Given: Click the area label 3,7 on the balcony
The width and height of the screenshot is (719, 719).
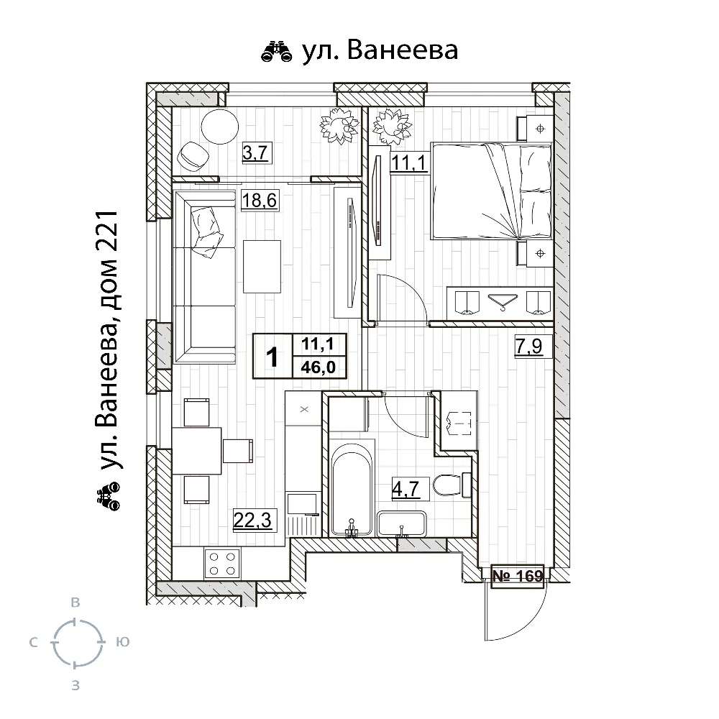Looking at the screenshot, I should pyautogui.click(x=257, y=152).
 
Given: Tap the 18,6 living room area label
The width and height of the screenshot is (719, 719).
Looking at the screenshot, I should pyautogui.click(x=260, y=201).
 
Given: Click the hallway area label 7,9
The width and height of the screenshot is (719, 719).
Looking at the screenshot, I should pyautogui.click(x=532, y=348).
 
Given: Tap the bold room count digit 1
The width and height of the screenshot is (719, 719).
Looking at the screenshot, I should pyautogui.click(x=273, y=356).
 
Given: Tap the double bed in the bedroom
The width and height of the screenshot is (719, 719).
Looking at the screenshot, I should pyautogui.click(x=491, y=191).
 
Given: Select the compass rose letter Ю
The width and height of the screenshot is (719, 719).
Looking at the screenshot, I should pyautogui.click(x=122, y=641).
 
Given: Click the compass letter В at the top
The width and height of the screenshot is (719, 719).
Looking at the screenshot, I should pyautogui.click(x=74, y=603).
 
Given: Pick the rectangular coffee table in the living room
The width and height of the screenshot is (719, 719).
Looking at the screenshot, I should pyautogui.click(x=262, y=267).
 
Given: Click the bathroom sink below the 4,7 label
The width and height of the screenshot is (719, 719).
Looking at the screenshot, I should pyautogui.click(x=402, y=523).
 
